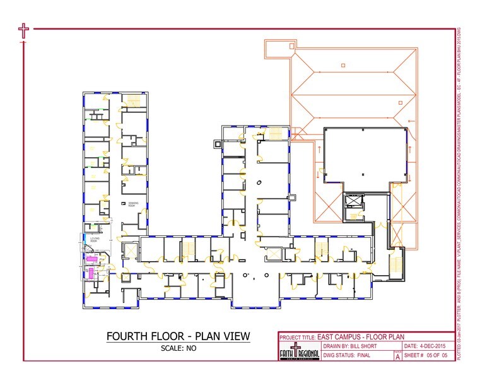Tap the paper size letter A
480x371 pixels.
[397, 357]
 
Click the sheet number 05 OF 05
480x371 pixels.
[436, 356]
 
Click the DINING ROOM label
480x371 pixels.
[132, 204]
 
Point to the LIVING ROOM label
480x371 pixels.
[94, 239]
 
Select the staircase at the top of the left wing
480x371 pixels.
[132, 101]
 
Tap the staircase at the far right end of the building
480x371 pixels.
[397, 262]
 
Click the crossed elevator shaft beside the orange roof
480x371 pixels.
[352, 203]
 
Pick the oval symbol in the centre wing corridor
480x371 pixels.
[259, 182]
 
